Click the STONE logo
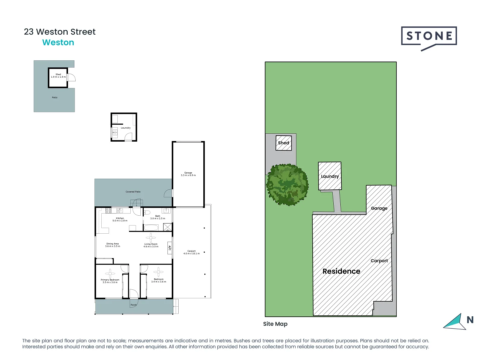tap(429, 37)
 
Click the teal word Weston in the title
tap(58, 43)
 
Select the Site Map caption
tap(275, 324)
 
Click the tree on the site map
tap(287, 184)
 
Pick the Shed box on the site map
tap(284, 143)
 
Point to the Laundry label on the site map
tap(330, 176)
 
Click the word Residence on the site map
tap(341, 271)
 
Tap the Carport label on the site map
tap(379, 261)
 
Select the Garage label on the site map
tap(379, 208)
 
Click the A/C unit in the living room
tap(169, 248)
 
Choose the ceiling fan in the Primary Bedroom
tap(110, 273)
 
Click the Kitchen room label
tap(120, 219)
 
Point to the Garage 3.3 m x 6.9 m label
tap(188, 174)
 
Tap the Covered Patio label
tap(133, 192)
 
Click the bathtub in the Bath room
tap(151, 228)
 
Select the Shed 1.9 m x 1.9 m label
tap(58, 76)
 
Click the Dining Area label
tap(112, 245)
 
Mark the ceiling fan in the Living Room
tap(151, 238)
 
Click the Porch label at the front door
tap(133, 305)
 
